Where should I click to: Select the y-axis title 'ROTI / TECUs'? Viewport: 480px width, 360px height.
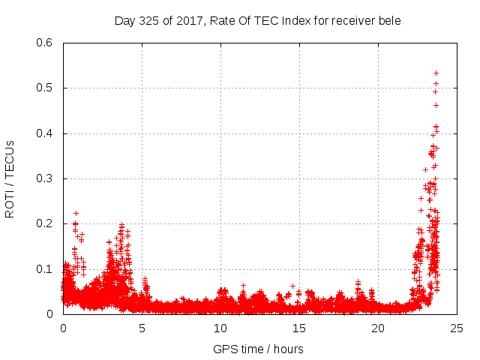pos(10,179)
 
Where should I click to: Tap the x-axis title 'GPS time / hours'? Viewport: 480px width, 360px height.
pos(258,349)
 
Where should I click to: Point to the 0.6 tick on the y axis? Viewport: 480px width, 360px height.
pos(47,43)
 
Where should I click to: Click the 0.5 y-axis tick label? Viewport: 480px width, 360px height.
pos(47,88)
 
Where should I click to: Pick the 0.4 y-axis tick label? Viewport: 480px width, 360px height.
pos(47,133)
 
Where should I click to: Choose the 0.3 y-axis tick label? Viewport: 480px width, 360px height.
pos(47,178)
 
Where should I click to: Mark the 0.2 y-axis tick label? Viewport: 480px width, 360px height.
pos(47,223)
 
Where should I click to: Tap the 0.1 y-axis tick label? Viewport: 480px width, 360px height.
pos(47,269)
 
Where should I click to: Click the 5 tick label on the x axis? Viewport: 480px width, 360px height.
pos(142,328)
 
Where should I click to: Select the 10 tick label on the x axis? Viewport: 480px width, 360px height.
pos(220,328)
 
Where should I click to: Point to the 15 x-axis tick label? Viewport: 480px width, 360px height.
pos(299,328)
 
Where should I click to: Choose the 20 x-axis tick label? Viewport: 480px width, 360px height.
pos(378,328)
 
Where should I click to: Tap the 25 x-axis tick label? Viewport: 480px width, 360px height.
pos(457,328)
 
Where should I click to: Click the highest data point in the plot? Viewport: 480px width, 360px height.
pos(436,73)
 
